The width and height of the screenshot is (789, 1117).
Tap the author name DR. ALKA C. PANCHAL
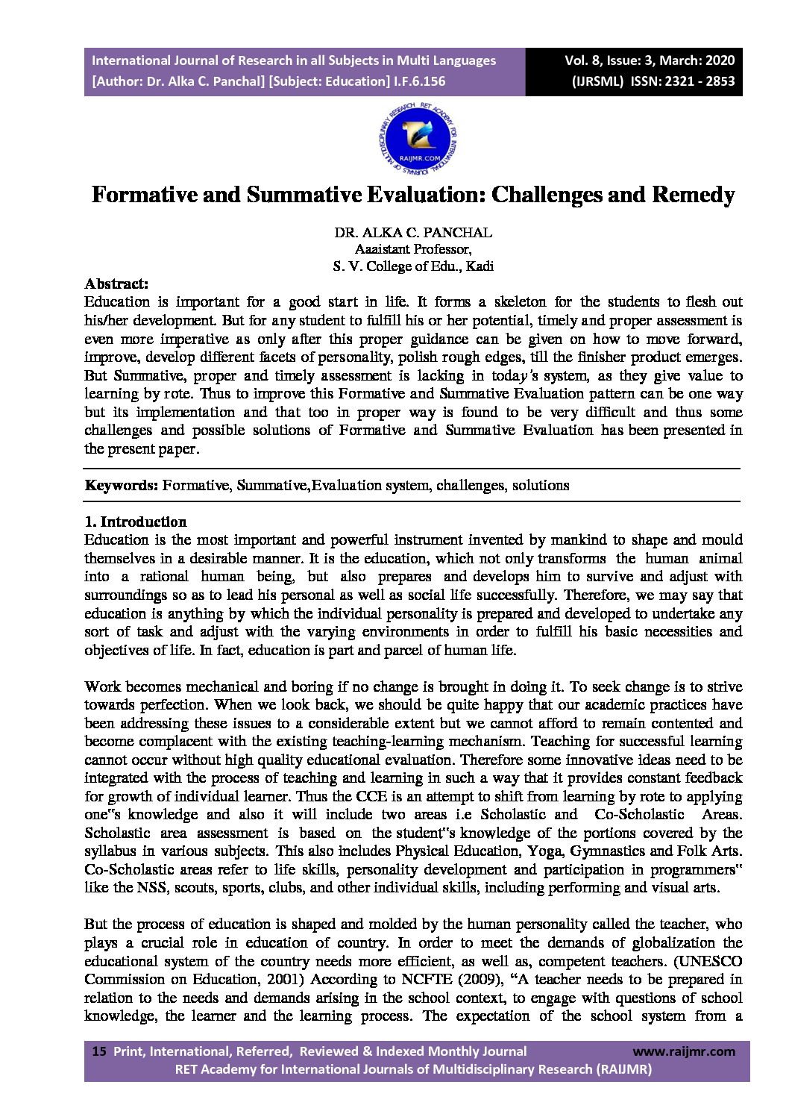pos(412,232)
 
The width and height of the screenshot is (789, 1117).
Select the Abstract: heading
pos(116,284)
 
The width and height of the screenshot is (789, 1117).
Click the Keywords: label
pos(121,486)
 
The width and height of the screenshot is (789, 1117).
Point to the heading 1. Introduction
pos(135,522)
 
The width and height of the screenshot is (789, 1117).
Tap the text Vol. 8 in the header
pos(582,60)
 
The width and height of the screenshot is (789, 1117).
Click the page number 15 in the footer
pos(98,1051)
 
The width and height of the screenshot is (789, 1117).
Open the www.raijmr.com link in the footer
pos(683,1051)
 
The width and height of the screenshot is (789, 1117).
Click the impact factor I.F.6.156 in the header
pos(419,81)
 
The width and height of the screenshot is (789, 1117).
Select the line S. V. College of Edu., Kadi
pos(412,266)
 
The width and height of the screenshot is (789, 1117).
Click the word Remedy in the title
pos(693,195)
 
